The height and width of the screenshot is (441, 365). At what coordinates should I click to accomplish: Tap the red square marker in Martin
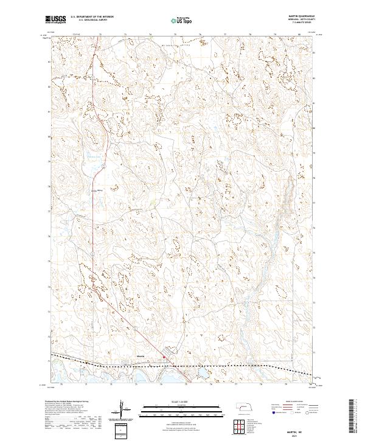coord(163,357)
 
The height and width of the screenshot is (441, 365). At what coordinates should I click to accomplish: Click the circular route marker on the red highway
coord(104,164)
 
